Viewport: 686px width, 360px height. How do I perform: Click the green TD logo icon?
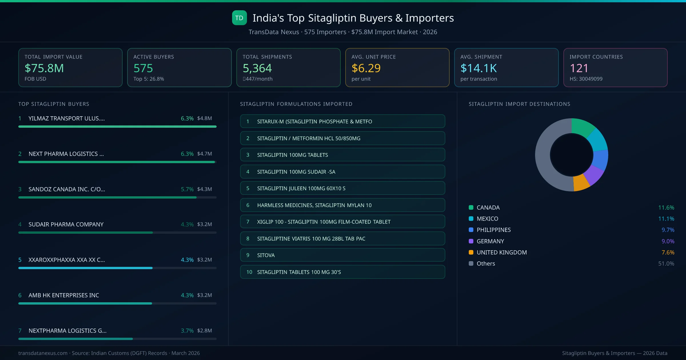(239, 18)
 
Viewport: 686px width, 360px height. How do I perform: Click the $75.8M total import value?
(44, 68)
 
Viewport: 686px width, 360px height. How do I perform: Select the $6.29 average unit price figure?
(366, 68)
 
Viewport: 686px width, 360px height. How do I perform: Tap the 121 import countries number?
(579, 68)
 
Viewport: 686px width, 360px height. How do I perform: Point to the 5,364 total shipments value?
(257, 68)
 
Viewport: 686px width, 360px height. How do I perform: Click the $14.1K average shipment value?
(478, 68)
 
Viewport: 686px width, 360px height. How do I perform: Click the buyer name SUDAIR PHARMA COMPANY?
(66, 225)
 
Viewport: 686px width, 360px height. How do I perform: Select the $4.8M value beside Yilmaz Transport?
(204, 118)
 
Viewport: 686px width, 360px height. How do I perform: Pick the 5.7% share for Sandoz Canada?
(187, 189)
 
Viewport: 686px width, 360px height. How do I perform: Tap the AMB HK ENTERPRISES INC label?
(64, 295)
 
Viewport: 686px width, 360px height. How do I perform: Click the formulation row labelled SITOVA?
(342, 255)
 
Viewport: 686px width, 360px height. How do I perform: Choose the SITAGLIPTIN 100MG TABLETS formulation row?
(342, 155)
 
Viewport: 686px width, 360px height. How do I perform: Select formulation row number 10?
(342, 272)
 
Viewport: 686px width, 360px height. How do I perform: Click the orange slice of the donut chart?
(581, 183)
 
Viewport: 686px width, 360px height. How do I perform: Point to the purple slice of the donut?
(594, 174)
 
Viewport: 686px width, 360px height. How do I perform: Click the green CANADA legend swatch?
(471, 207)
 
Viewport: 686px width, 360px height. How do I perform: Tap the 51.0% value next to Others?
(666, 264)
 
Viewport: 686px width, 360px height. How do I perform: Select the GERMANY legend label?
(490, 241)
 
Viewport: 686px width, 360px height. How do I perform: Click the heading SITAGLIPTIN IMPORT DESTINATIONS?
(519, 104)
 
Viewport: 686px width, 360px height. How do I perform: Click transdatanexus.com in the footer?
(43, 353)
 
